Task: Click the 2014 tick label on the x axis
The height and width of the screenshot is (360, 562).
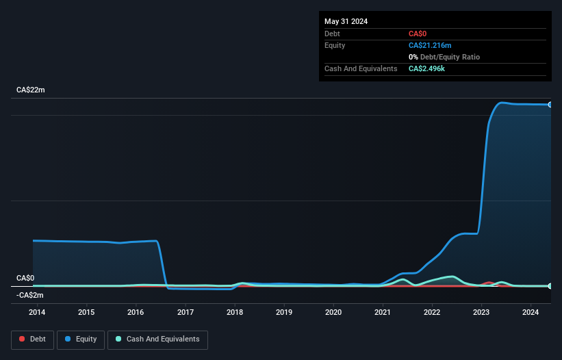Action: pos(37,312)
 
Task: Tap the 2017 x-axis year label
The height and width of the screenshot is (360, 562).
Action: pos(185,312)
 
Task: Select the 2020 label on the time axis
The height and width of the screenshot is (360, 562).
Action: pos(333,312)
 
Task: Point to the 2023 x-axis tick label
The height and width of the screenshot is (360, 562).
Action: pos(481,312)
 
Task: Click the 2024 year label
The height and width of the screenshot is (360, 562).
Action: pos(531,312)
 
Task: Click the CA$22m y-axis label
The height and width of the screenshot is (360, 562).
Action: pos(31,90)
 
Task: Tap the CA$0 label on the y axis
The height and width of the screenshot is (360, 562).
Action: pos(25,278)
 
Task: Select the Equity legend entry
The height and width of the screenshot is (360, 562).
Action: pos(80,339)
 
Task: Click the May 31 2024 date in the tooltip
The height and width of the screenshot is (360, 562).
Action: pos(346,21)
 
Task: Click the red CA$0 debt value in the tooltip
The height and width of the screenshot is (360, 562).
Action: pos(418,34)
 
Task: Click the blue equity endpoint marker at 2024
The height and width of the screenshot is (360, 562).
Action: pos(550,105)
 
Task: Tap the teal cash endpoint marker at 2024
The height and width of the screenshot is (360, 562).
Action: pos(550,285)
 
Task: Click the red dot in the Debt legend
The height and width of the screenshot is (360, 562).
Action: pos(22,339)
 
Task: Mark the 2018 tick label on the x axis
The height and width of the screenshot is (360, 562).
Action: pos(235,312)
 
